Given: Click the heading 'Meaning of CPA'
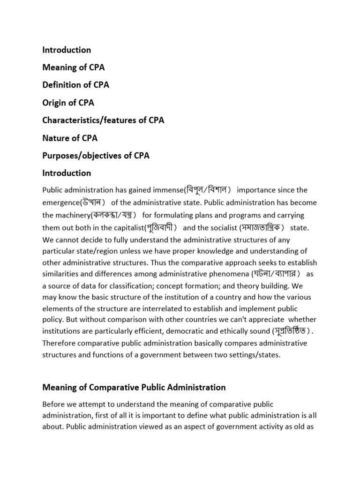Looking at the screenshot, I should click(73, 67).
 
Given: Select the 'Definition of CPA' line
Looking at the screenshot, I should click(75, 85).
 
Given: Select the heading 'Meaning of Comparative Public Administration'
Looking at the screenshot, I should click(134, 387).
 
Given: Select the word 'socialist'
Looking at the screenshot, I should click(222, 228).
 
